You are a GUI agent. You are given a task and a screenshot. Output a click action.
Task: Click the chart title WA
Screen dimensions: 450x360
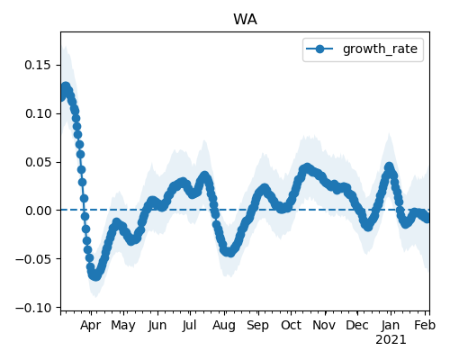245,20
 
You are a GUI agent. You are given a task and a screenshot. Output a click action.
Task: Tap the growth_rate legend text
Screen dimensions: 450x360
380,49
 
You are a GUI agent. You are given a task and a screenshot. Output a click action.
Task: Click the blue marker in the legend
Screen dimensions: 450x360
319,49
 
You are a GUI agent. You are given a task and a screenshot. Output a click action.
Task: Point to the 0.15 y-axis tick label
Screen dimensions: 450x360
38,65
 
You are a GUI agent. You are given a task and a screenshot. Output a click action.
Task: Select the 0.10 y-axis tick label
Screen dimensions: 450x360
38,113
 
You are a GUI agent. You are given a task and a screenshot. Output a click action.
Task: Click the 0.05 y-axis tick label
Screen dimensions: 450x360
38,162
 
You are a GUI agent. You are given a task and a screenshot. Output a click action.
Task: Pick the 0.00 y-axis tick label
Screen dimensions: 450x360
38,211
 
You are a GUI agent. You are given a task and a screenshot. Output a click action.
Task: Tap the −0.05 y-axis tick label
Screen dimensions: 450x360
33,259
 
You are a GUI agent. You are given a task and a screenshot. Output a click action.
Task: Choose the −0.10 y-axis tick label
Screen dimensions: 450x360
33,308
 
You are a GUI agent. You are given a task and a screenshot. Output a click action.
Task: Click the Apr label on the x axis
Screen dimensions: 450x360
91,326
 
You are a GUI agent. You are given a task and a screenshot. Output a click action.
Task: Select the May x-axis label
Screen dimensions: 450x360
123,326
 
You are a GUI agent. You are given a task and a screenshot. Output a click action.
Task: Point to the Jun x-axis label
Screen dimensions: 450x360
157,326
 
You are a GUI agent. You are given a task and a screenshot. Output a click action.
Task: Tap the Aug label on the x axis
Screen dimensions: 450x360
224,326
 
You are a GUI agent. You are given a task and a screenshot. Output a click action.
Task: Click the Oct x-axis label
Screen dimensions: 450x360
291,326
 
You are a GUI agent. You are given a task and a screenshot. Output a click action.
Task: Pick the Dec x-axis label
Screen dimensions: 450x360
357,326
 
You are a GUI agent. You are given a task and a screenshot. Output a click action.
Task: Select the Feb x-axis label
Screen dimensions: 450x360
425,326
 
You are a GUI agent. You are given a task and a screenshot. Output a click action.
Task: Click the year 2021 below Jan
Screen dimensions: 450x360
391,340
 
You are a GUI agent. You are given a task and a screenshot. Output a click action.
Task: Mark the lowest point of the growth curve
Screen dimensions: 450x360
95,275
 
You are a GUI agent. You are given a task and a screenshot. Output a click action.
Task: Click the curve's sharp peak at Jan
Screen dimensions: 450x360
389,166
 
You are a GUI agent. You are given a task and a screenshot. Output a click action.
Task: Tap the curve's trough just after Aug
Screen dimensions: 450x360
229,252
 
